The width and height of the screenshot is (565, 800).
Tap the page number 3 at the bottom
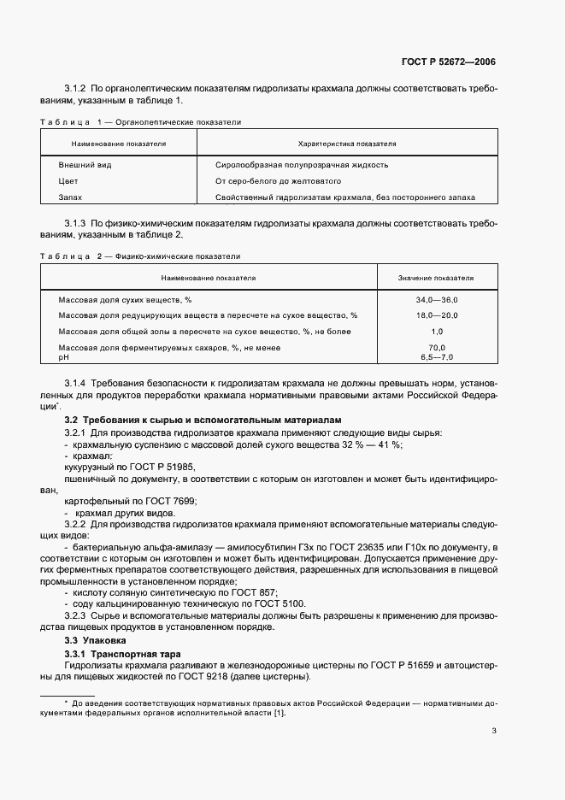coord(494,730)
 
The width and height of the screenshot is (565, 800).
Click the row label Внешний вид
coord(85,164)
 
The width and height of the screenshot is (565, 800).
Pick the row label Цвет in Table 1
coord(68,181)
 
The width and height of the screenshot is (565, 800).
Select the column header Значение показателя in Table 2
coord(436,278)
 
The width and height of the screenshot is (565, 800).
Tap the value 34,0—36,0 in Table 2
coord(436,300)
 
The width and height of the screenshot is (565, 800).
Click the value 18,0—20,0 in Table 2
coord(436,315)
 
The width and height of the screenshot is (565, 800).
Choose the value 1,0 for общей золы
coord(436,331)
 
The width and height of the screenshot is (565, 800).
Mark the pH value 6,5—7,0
coord(436,356)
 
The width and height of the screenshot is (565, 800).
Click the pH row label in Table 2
coord(63,356)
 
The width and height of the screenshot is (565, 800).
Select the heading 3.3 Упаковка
coord(96,639)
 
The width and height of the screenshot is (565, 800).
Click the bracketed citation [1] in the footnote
coord(280,714)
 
